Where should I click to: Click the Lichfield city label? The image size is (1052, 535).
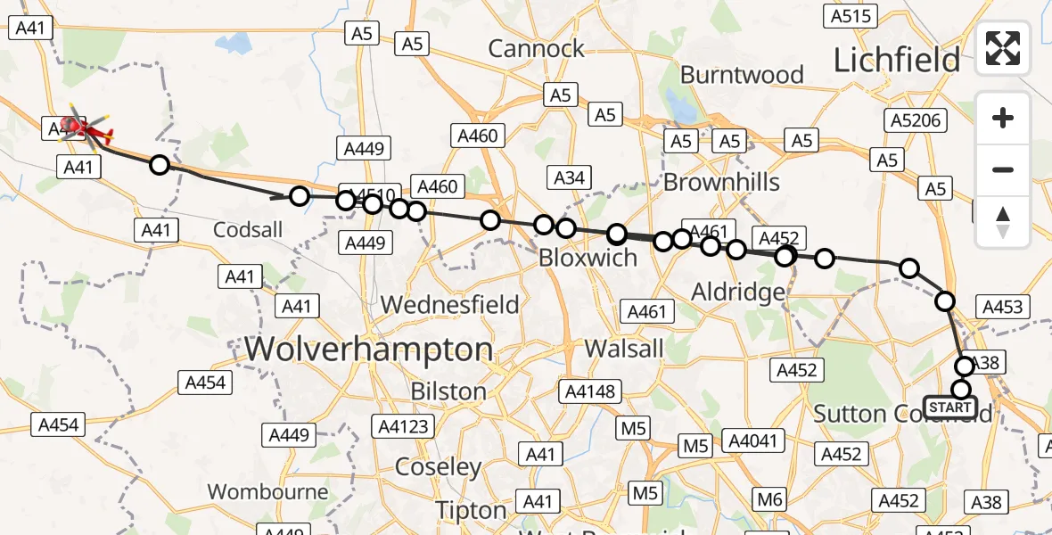(896, 60)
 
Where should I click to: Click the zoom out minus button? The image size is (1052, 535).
(1003, 169)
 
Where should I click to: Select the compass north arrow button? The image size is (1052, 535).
(1003, 221)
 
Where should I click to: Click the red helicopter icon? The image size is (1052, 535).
(82, 130)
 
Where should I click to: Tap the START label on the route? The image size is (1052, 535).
(950, 407)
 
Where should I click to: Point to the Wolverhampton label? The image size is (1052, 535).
(368, 349)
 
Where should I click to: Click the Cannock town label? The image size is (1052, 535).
(537, 48)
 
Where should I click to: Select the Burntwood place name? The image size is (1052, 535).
(742, 75)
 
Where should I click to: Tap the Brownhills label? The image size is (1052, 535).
(721, 183)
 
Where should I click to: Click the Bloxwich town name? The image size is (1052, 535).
(588, 259)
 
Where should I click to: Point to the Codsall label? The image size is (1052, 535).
(248, 230)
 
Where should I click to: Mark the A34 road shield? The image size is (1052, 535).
(569, 177)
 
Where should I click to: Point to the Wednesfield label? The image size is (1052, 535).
(449, 305)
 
